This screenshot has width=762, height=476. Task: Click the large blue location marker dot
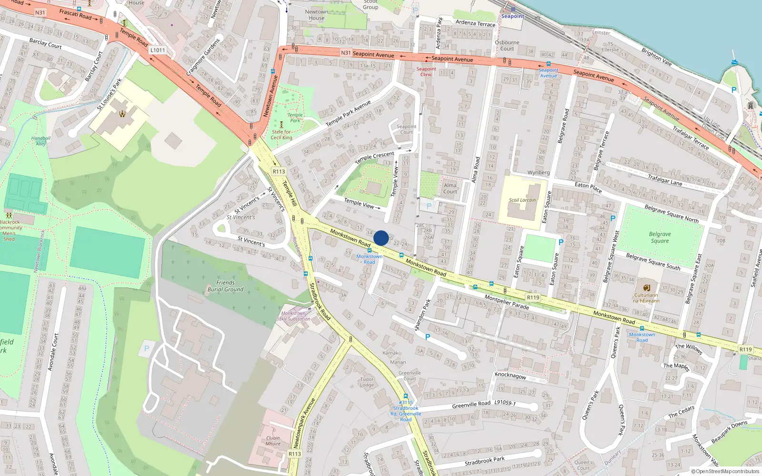coord(381,238)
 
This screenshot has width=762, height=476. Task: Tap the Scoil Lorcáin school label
coord(522,200)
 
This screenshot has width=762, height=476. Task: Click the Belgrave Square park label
coord(660,237)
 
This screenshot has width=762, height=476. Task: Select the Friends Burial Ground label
coord(225,286)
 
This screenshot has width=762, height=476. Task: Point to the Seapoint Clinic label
coord(426,71)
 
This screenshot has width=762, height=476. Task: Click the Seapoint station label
coord(512,16)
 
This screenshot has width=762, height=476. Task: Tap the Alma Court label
coord(450,188)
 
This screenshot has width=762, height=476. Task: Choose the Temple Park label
coord(295,118)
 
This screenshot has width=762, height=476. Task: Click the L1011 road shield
coord(158,50)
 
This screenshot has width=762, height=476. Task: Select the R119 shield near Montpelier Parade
coord(533,297)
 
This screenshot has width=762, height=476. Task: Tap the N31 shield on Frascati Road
coord(40,13)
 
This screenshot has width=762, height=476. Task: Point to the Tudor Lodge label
coord(367,382)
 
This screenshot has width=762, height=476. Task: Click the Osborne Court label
coord(507,45)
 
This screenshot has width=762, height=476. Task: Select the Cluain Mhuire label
coord(273,441)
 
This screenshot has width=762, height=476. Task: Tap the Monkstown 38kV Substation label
coord(294,316)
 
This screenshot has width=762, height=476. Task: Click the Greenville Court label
coord(410,376)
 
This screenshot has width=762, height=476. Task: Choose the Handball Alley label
coord(41,141)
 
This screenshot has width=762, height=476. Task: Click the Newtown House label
coord(316,15)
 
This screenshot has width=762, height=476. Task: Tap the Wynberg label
coord(539,172)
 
